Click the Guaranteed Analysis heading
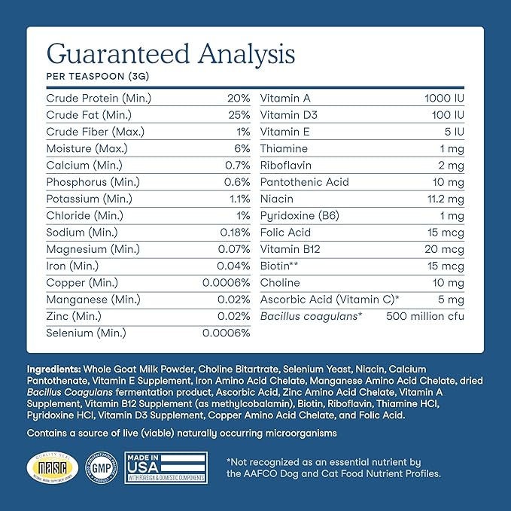[170, 53]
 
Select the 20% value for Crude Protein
[239, 99]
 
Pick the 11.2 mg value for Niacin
[443, 199]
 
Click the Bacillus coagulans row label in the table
[312, 316]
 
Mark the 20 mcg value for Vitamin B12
[446, 249]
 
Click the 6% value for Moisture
[242, 149]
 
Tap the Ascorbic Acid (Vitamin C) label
[330, 300]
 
